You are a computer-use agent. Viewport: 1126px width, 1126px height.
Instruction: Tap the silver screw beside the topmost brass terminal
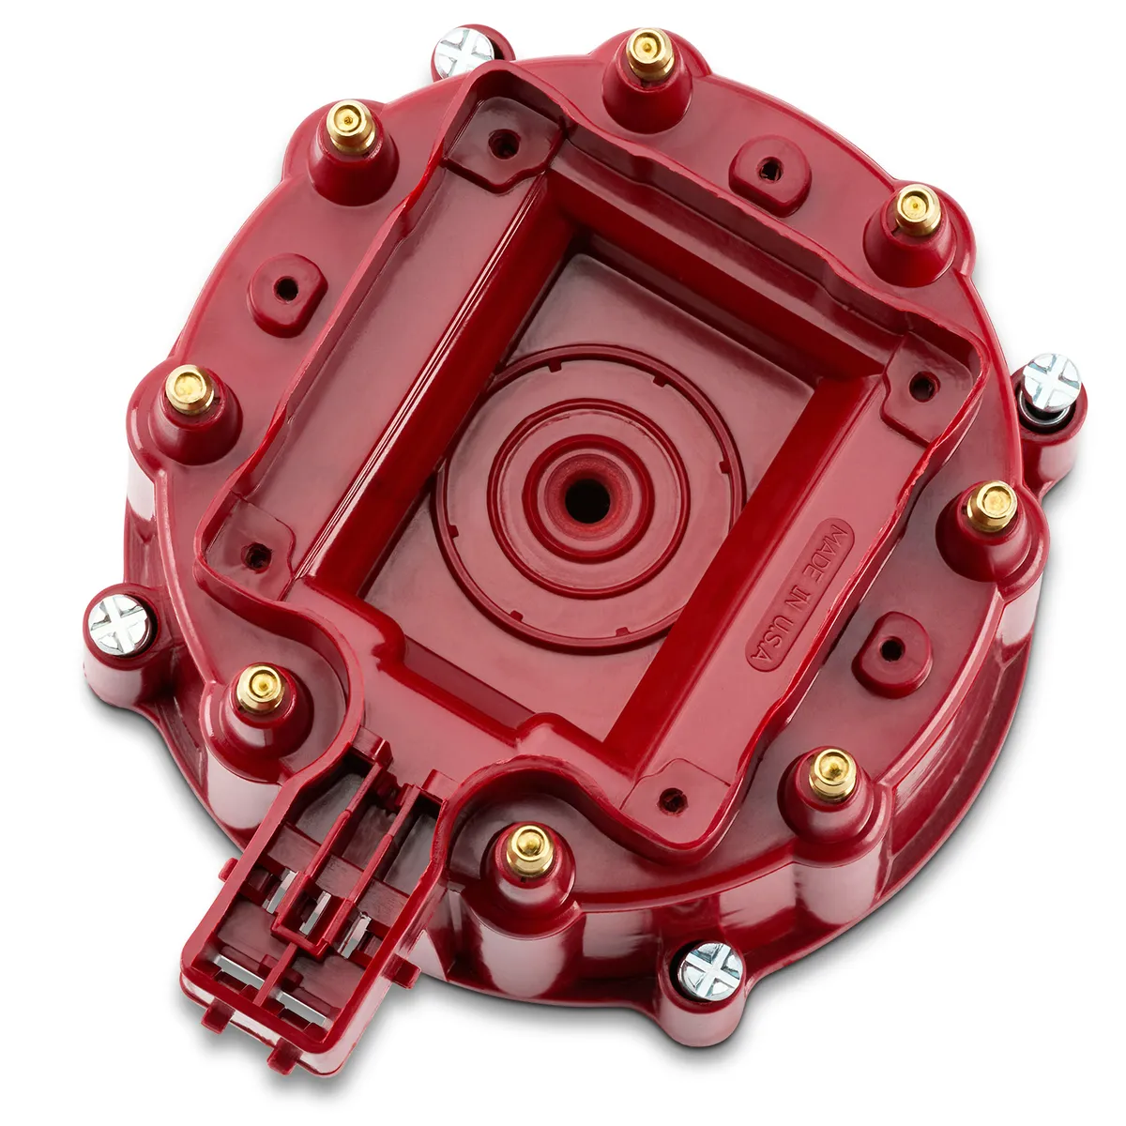pyautogui.click(x=463, y=51)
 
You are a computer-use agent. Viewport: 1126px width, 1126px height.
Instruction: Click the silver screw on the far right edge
pyautogui.click(x=1050, y=383)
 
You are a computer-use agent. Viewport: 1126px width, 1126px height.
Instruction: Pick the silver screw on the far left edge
pyautogui.click(x=119, y=624)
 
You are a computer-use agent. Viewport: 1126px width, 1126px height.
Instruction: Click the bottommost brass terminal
pyautogui.click(x=530, y=849)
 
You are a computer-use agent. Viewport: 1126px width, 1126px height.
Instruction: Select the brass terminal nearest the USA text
pyautogui.click(x=831, y=772)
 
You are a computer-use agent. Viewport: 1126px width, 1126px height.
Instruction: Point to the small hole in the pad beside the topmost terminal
pyautogui.click(x=769, y=170)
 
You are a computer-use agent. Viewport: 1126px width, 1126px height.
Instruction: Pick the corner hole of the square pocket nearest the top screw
pyautogui.click(x=505, y=144)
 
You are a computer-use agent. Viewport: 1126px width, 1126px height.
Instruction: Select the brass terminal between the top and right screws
pyautogui.click(x=916, y=210)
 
